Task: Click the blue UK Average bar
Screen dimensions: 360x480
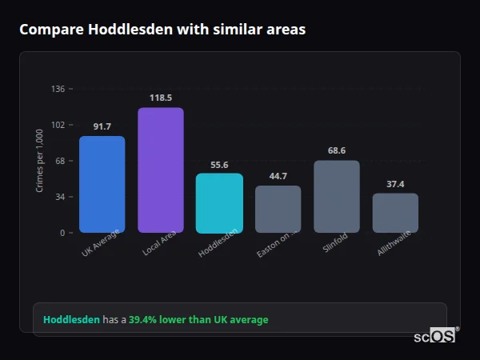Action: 102,184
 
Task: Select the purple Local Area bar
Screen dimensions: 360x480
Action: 161,170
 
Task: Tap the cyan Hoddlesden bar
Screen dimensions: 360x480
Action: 219,203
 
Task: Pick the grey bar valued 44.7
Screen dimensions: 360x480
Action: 278,210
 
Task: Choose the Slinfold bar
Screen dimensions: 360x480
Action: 337,197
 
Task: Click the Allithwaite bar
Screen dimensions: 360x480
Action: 395,213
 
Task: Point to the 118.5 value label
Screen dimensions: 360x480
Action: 161,98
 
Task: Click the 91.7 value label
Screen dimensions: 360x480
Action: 102,126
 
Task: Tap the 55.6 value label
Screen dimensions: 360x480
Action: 219,165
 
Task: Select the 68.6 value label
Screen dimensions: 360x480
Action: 337,150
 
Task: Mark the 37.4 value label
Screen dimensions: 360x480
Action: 395,184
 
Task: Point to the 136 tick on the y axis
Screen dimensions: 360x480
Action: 58,89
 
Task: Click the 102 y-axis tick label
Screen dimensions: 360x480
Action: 58,125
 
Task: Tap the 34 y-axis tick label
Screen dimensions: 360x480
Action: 60,197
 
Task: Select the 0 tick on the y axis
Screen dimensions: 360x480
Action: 62,233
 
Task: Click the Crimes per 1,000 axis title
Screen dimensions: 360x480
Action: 40,161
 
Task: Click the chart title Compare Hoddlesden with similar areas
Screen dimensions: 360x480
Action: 162,30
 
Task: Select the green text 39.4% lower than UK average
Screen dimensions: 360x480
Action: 198,320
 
